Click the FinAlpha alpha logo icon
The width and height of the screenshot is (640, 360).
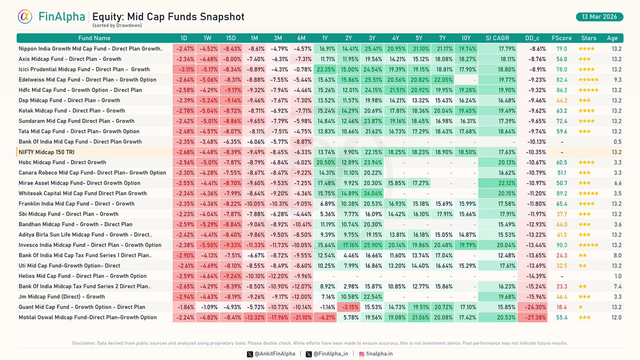[25, 17]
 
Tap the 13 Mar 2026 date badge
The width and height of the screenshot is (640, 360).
[599, 17]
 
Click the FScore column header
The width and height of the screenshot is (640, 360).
[562, 38]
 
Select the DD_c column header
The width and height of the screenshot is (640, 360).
[532, 38]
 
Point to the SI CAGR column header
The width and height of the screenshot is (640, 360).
[497, 38]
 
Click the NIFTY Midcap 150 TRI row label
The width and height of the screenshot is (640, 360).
[46, 152]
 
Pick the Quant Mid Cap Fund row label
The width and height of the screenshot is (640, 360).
[82, 307]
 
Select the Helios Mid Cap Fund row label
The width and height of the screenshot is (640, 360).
[82, 276]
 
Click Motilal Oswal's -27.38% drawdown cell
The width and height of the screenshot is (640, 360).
[532, 317]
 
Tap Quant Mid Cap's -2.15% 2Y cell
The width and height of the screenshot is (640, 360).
[348, 307]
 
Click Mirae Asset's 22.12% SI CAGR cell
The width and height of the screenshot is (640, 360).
[497, 183]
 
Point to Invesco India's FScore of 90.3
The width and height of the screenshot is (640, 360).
[562, 245]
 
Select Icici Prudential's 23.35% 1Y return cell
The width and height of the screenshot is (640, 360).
[325, 69]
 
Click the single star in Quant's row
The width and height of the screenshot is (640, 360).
[581, 307]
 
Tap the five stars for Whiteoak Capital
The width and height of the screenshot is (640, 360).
[588, 194]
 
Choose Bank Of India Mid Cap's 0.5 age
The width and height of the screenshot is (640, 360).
[617, 142]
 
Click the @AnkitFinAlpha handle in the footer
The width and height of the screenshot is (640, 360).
[275, 354]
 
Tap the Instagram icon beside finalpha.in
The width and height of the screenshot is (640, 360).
[362, 354]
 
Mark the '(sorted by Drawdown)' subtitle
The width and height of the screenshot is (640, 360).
[117, 26]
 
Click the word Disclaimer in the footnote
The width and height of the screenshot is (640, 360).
[84, 343]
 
